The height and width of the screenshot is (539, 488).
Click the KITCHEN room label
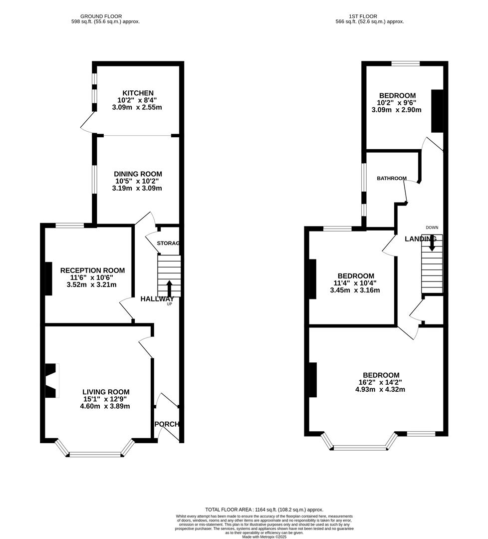[x=138, y=93]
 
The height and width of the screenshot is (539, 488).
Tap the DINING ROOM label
[x=138, y=174]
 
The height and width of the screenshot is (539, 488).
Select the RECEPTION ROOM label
[x=92, y=270]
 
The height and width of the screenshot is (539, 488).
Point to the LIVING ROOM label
[x=106, y=392]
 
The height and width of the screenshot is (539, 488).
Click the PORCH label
[x=167, y=424]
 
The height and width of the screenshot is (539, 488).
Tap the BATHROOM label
[x=392, y=178]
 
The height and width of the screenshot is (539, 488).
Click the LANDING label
[x=421, y=239]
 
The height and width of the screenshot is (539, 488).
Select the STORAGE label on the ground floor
[x=168, y=243]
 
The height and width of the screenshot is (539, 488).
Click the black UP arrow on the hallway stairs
[x=169, y=288]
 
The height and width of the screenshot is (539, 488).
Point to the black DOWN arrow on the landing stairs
[x=432, y=243]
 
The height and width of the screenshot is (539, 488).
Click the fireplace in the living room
[x=51, y=380]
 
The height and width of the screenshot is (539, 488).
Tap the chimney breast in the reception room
[x=48, y=278]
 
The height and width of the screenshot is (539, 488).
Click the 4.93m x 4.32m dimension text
[x=380, y=389]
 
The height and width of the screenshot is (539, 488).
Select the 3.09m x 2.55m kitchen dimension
[x=137, y=107]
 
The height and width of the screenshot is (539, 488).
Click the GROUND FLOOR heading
[x=101, y=16]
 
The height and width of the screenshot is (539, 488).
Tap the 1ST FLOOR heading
[x=363, y=16]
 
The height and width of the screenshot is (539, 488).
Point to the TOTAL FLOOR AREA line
[x=264, y=510]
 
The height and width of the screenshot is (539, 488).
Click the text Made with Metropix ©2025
[x=264, y=537]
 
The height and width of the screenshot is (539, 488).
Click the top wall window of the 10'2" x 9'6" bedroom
[x=406, y=63]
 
